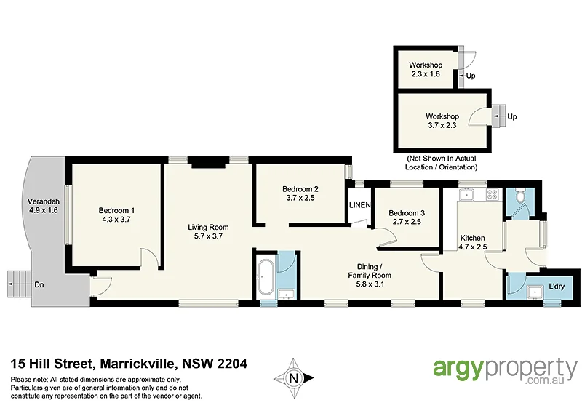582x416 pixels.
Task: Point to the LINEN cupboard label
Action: tap(359, 205)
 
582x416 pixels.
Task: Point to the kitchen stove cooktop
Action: tap(491, 195)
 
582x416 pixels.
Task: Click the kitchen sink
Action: tap(467, 195)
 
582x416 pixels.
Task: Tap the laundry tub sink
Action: tap(535, 292)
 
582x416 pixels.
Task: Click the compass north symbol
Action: tap(293, 377)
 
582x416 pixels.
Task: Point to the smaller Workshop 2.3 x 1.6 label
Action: tap(426, 69)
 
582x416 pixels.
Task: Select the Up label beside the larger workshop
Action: tap(512, 116)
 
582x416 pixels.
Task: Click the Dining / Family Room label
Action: tap(369, 271)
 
